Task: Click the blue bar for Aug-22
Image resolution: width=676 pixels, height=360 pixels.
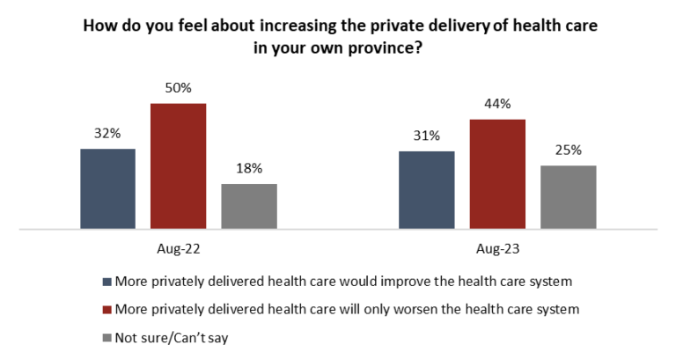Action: coord(107,189)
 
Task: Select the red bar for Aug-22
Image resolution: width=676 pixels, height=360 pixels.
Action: coord(178,166)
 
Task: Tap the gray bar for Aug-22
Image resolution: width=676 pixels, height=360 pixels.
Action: coord(248,207)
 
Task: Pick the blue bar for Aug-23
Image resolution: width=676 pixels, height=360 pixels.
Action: coord(426,190)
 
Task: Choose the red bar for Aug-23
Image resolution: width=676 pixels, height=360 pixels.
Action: coord(497,174)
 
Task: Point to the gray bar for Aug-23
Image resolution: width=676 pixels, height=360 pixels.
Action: coord(568,197)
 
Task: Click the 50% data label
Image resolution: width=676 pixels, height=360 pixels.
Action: coord(178,88)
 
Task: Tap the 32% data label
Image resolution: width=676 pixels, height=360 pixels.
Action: coord(107,134)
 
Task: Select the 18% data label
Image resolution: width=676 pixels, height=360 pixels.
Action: coord(248,168)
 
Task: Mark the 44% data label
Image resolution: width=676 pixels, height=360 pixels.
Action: coord(497,104)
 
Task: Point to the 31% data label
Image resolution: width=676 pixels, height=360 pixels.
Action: coord(426,136)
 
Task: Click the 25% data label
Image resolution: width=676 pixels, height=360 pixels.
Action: coord(568,151)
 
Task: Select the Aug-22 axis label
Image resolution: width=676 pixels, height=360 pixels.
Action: coord(179,249)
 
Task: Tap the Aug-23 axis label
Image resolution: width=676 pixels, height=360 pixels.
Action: coord(497,249)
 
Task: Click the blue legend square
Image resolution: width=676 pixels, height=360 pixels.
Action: coord(107,283)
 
